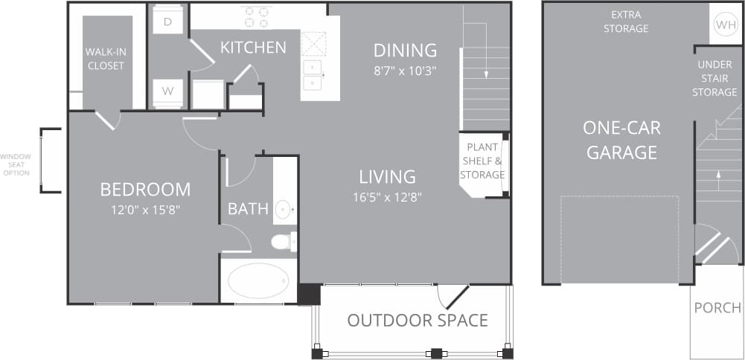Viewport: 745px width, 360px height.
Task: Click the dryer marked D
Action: (167, 22)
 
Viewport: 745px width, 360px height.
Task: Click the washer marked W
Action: (167, 92)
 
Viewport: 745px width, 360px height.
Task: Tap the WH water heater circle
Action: (723, 25)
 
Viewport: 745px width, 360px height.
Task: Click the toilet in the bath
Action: (282, 241)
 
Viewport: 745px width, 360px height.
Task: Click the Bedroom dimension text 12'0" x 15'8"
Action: (145, 210)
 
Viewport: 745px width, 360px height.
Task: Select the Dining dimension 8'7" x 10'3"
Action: (405, 71)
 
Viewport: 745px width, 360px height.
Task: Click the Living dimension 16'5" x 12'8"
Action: (387, 197)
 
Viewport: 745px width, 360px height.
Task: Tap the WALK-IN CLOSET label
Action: (105, 59)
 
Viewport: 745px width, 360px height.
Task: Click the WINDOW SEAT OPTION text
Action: (15, 164)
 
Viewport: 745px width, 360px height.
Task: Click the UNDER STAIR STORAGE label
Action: (714, 78)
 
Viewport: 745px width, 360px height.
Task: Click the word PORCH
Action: (717, 307)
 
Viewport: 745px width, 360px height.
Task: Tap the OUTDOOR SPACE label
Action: (418, 321)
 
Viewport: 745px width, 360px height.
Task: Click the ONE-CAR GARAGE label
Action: (621, 141)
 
